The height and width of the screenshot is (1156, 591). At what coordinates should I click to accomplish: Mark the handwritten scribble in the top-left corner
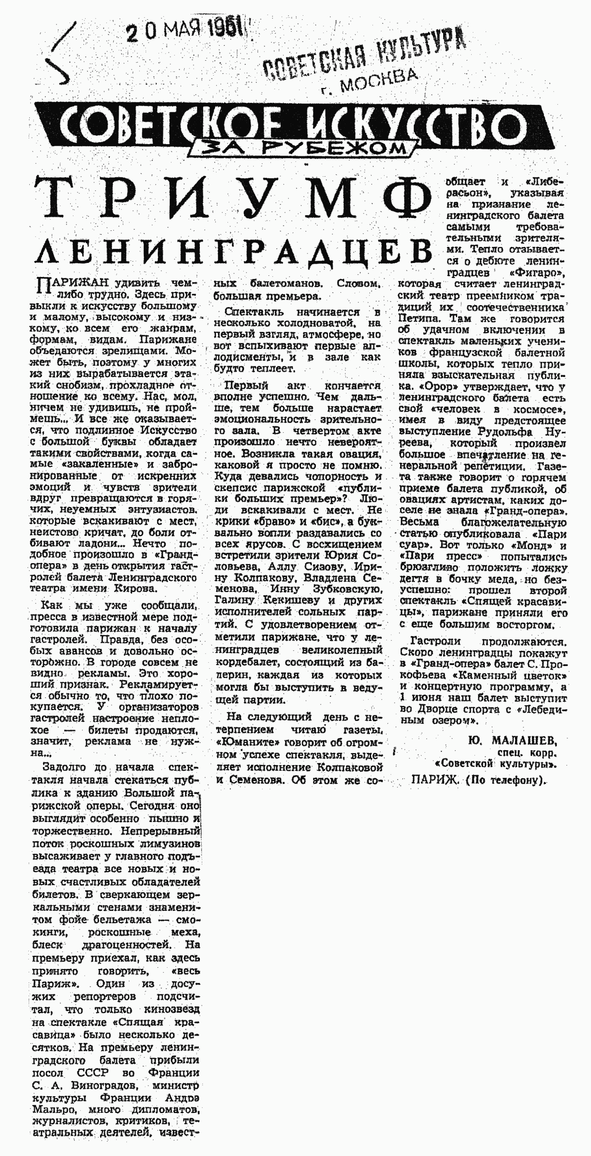[x=61, y=54]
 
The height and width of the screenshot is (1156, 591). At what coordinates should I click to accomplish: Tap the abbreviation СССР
[x=93, y=1073]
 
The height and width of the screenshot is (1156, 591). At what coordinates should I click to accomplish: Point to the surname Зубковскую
[x=352, y=589]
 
